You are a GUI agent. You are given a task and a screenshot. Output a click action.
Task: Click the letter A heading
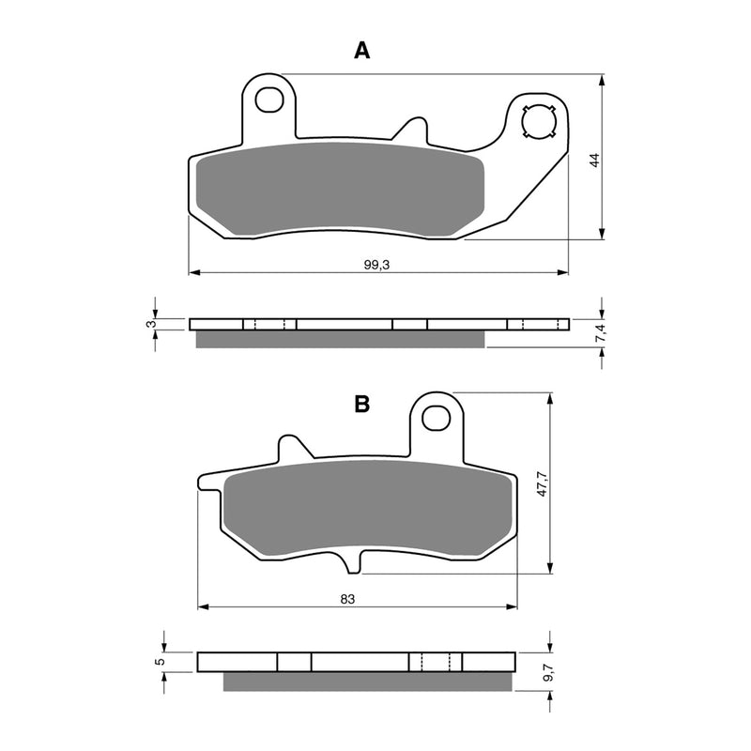361,52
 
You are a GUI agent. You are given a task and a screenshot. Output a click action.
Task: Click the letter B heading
361,405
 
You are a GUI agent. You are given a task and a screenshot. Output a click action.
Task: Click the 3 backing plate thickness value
149,324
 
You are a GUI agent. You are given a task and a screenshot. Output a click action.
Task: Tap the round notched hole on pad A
540,122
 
